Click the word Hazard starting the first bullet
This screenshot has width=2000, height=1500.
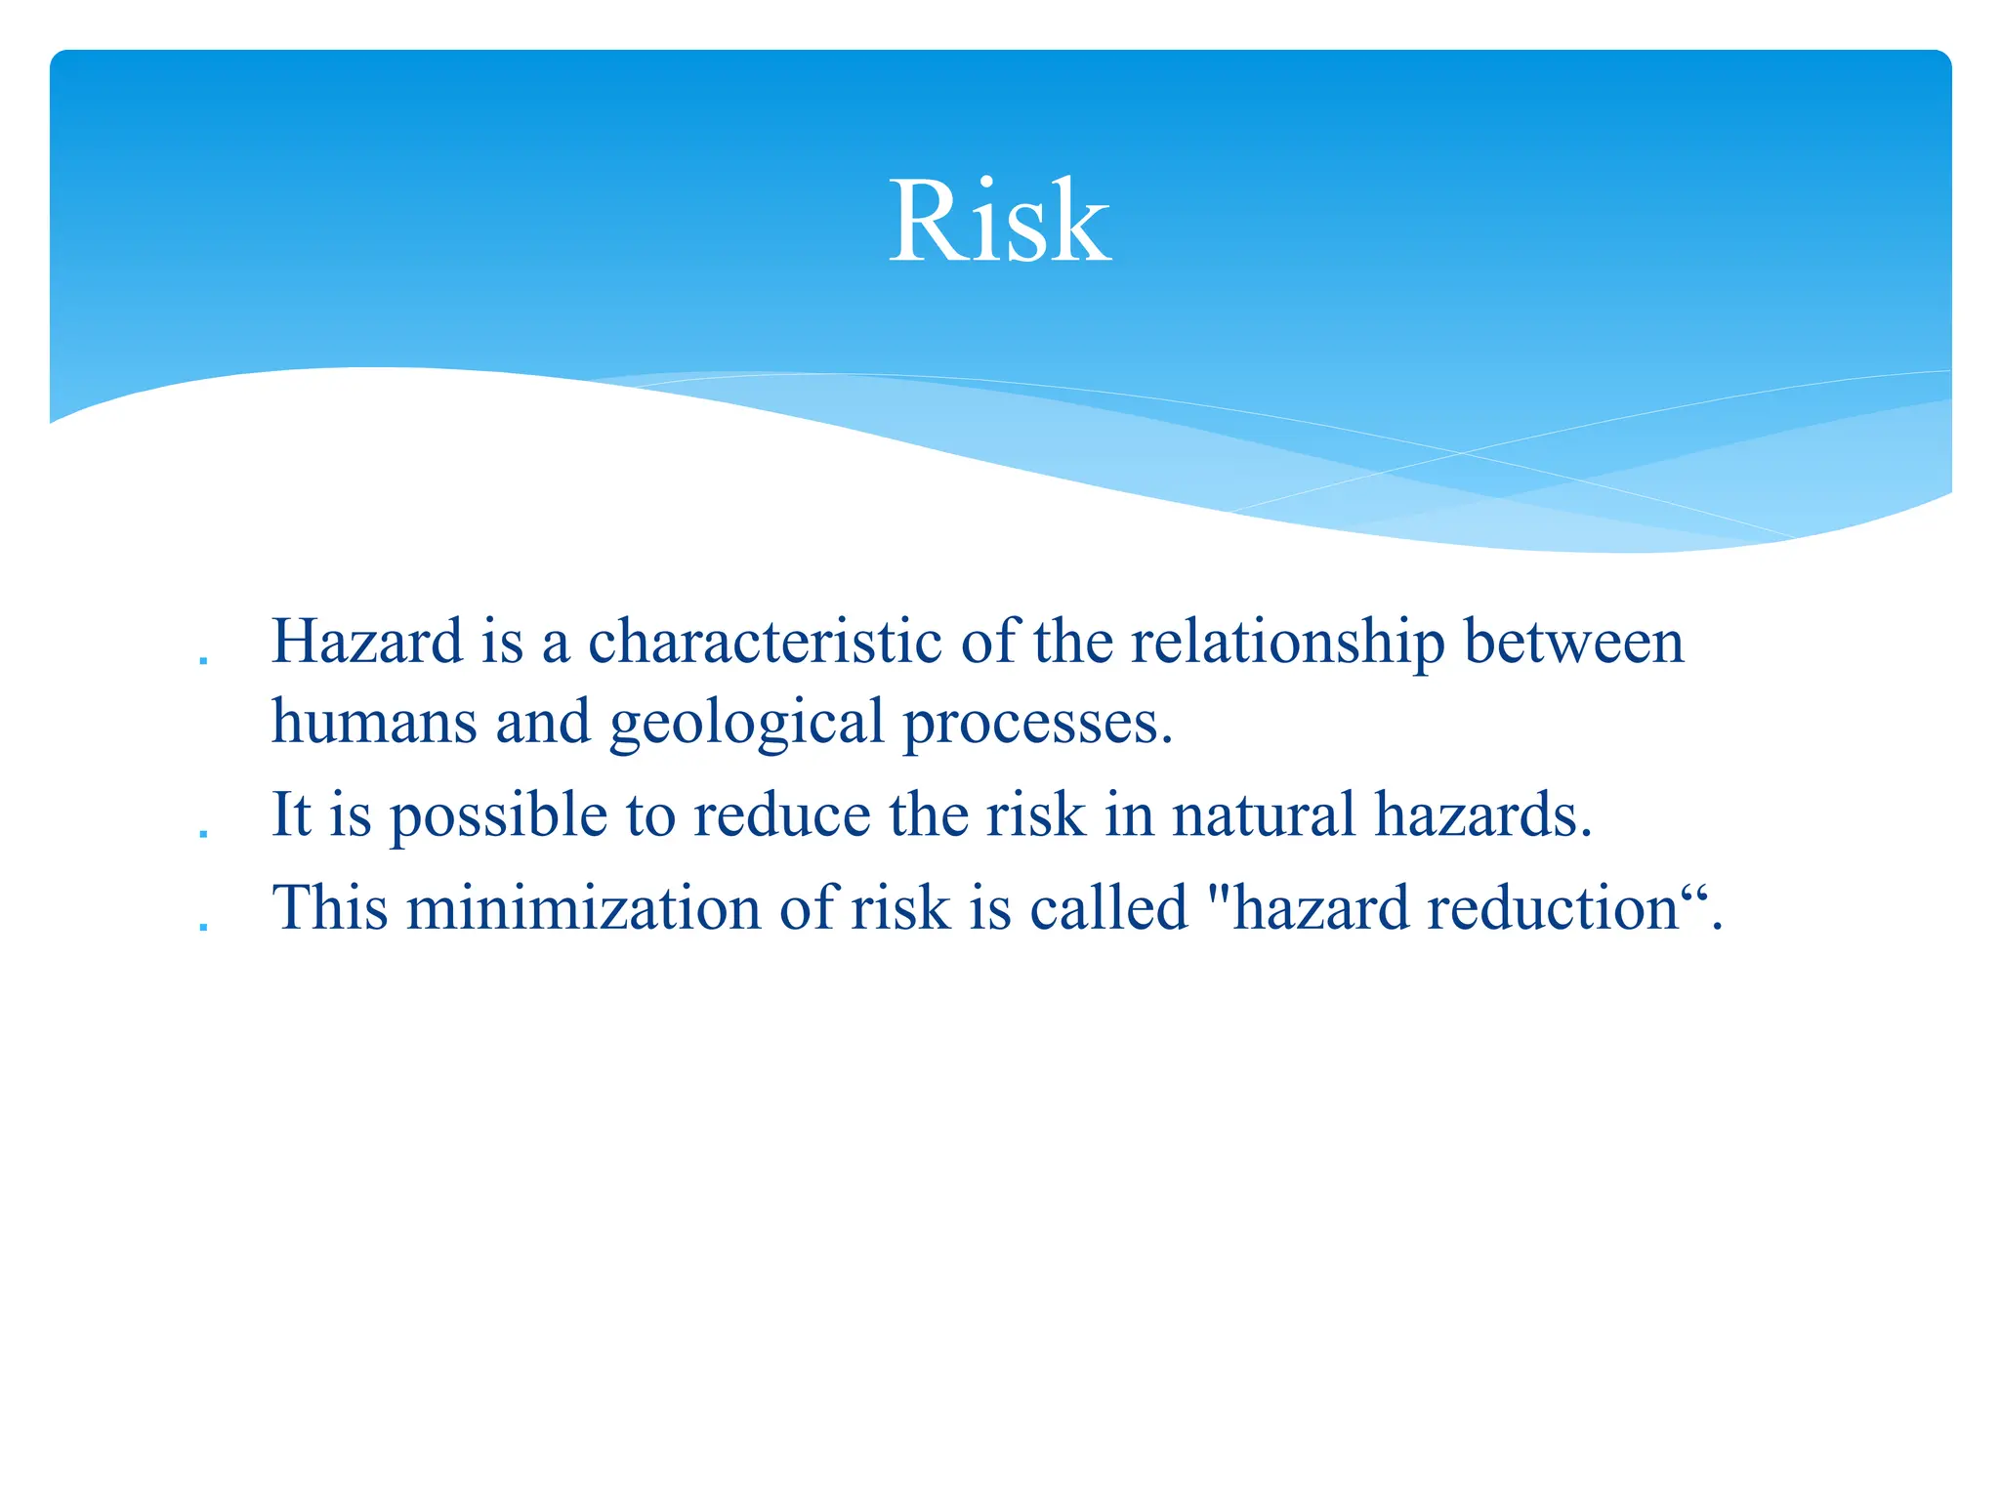pyautogui.click(x=367, y=643)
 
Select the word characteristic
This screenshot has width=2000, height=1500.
pyautogui.click(x=765, y=643)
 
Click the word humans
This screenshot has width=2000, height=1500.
pyautogui.click(x=373, y=723)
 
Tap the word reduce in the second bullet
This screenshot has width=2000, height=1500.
pyautogui.click(x=781, y=814)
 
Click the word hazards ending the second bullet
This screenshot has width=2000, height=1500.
pyautogui.click(x=1482, y=814)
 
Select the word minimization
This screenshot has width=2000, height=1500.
pyautogui.click(x=583, y=908)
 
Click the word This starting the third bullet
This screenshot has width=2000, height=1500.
pyautogui.click(x=330, y=908)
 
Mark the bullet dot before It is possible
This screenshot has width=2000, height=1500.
pyautogui.click(x=203, y=835)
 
